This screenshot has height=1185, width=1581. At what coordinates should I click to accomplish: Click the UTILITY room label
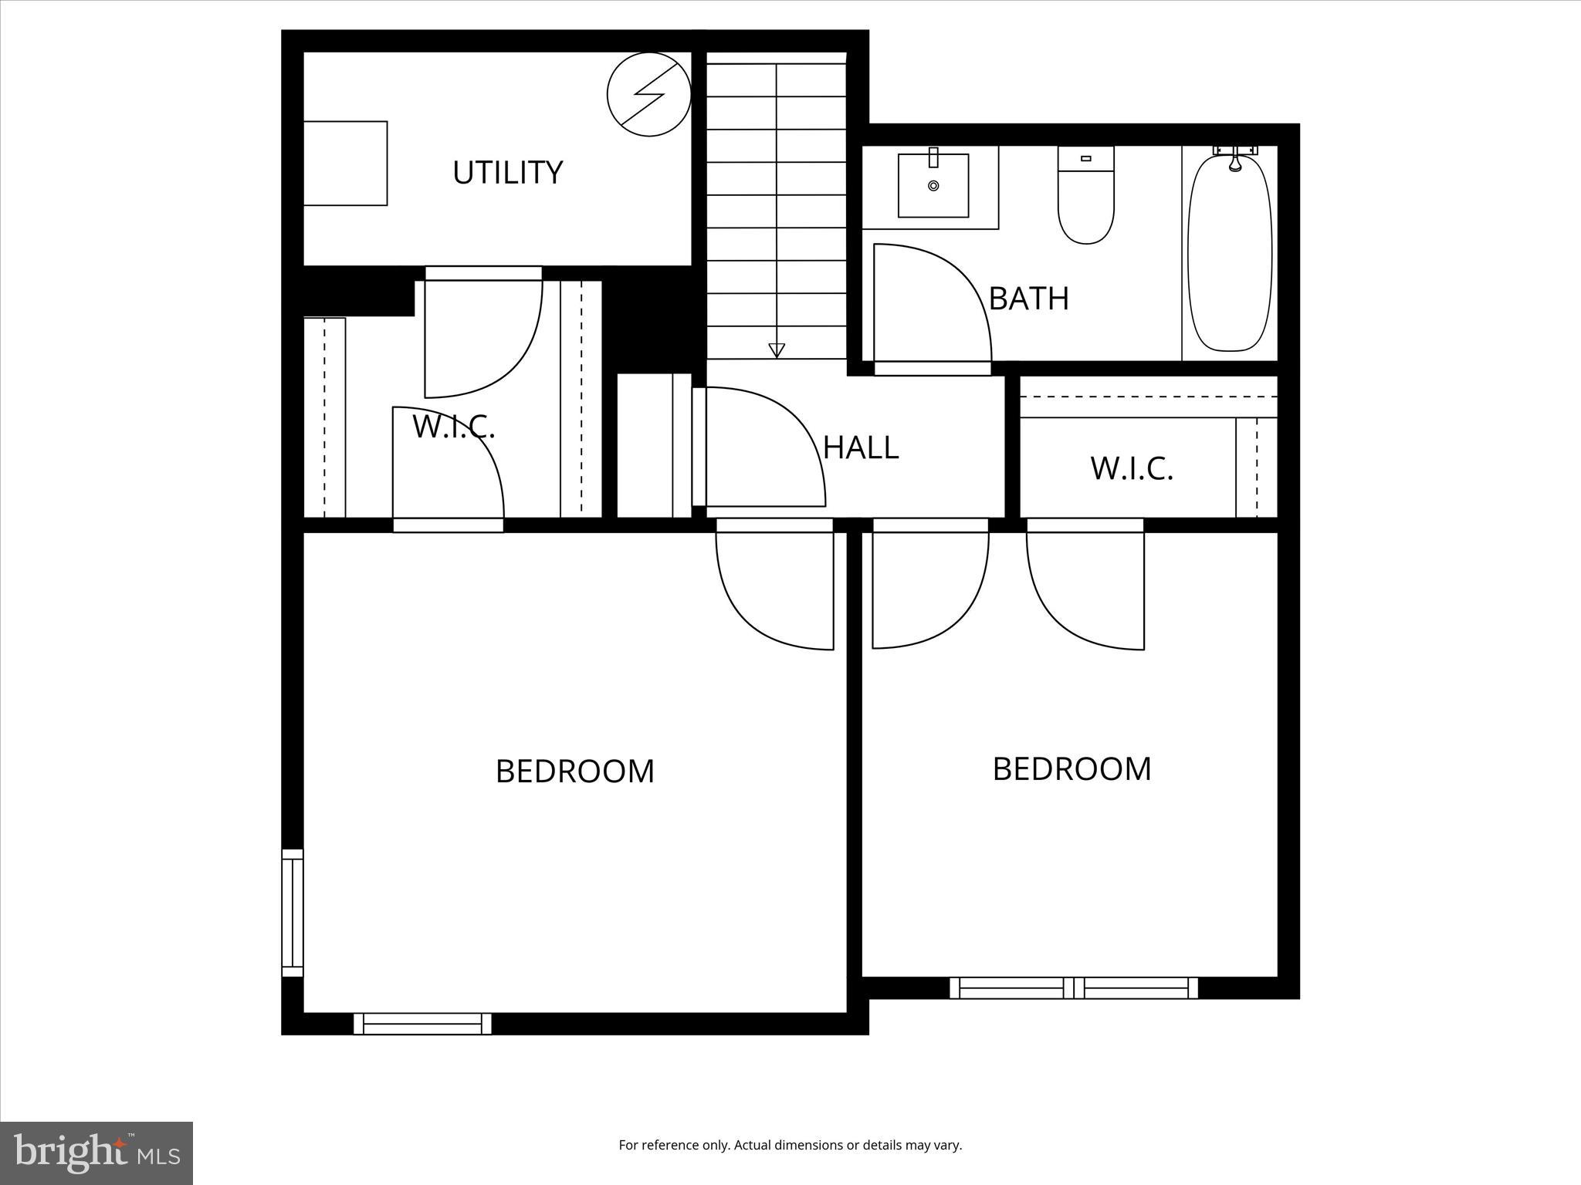(507, 172)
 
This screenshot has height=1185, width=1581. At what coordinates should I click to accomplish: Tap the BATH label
(1028, 299)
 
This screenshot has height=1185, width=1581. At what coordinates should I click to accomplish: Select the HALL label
(861, 447)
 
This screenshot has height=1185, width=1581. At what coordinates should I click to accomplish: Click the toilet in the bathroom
(1085, 197)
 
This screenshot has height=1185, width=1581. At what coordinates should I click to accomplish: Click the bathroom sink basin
(933, 186)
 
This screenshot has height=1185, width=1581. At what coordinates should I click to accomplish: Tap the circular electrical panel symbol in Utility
(648, 95)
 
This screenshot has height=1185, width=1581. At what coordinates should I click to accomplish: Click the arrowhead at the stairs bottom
(777, 350)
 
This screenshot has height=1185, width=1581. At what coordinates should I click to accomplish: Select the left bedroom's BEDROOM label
(574, 771)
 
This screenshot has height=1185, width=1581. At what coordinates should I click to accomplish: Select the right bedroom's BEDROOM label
(1071, 769)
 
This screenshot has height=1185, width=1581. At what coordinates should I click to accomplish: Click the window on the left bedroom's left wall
(293, 912)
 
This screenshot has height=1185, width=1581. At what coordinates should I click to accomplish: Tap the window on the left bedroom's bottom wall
(422, 1024)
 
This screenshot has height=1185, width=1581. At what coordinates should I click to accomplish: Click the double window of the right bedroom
(1073, 987)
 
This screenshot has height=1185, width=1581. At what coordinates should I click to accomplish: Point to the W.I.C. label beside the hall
(1131, 468)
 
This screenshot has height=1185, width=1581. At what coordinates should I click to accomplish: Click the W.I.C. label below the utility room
(453, 427)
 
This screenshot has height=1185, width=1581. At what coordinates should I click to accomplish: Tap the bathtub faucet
(1235, 160)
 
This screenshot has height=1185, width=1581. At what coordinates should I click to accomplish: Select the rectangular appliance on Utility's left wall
(345, 163)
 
